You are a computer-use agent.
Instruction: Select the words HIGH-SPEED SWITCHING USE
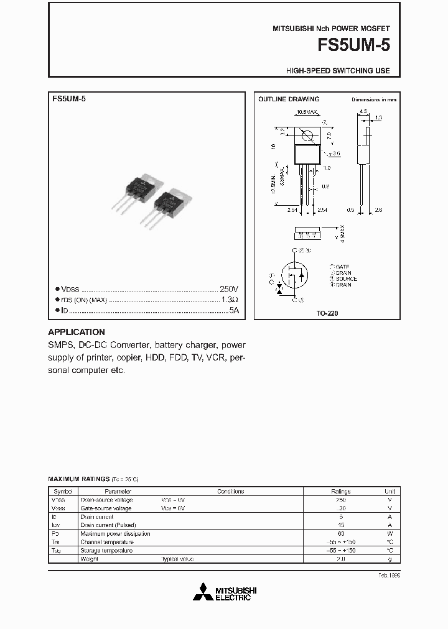(338, 71)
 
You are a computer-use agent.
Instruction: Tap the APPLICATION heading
(77, 332)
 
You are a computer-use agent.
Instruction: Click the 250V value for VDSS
(228, 289)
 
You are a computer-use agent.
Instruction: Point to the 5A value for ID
(233, 310)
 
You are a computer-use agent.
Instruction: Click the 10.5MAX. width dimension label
(306, 111)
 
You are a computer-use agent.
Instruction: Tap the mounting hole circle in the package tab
(306, 135)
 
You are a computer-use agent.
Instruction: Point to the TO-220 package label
(327, 314)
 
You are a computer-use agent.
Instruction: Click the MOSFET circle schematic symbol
(295, 274)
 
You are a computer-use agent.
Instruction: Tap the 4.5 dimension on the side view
(363, 112)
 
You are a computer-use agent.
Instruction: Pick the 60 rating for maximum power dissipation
(340, 533)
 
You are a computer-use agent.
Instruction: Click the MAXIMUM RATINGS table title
(78, 479)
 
